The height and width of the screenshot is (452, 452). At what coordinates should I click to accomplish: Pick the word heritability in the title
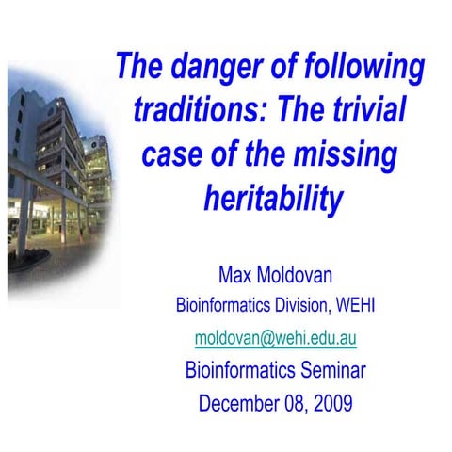[x=273, y=198]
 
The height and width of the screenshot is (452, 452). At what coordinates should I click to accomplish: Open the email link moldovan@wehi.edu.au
[x=274, y=337]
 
